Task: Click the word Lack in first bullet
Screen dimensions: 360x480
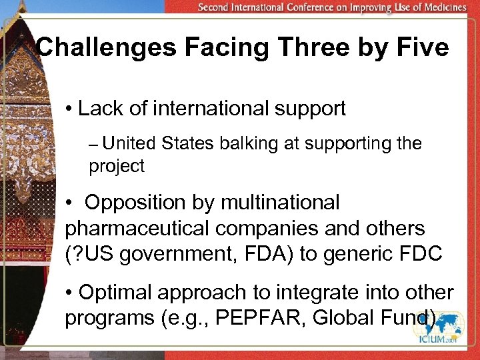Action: [x=99, y=109]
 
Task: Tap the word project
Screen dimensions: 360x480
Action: [x=117, y=167]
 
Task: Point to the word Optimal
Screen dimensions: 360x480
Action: [x=116, y=291]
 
